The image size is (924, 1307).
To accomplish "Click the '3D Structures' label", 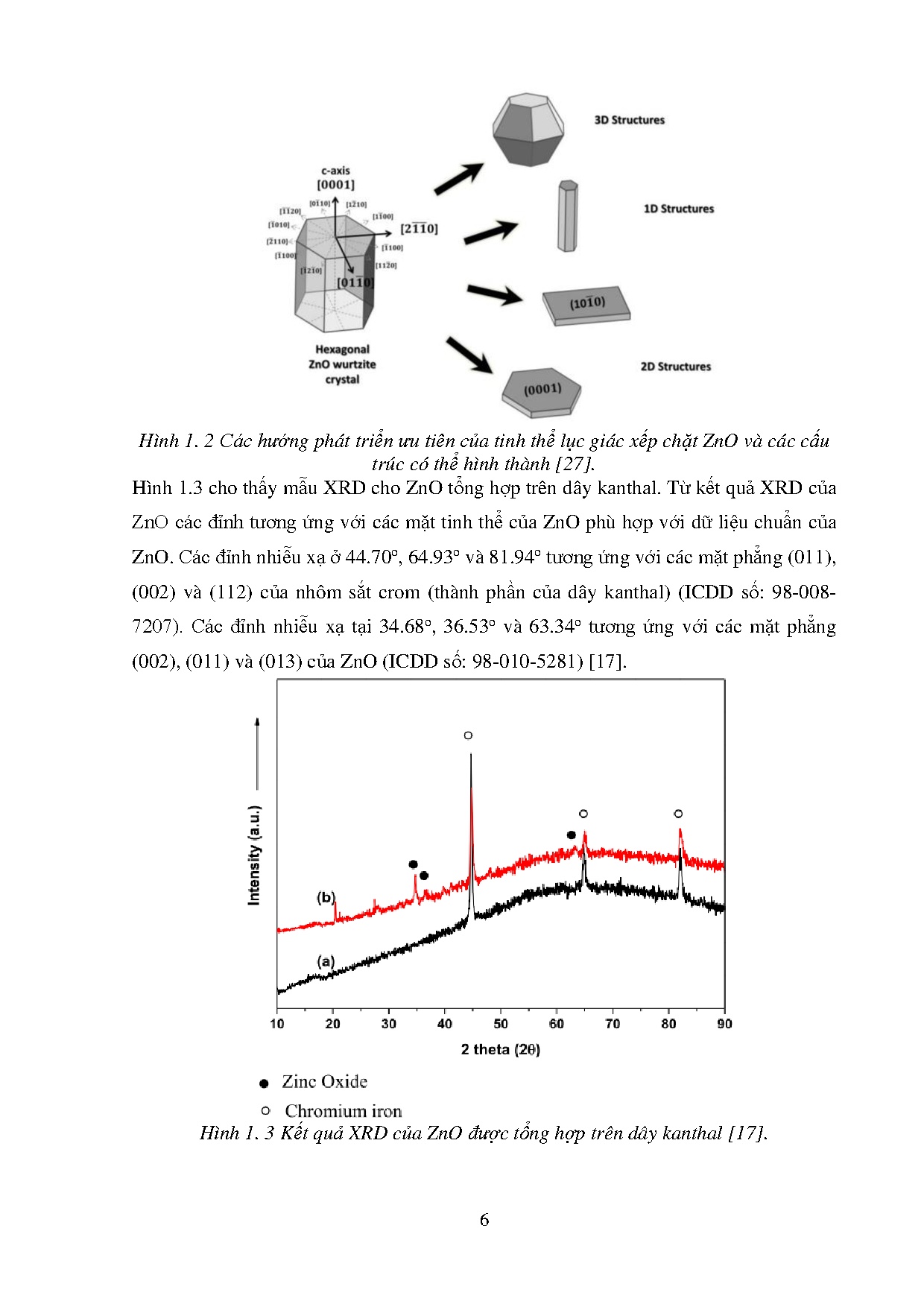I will (629, 120).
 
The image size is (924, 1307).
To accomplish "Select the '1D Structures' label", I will (678, 209).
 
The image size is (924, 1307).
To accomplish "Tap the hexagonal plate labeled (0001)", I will (542, 390).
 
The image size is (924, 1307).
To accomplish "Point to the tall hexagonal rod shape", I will (568, 216).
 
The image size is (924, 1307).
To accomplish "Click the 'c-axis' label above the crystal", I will (335, 171).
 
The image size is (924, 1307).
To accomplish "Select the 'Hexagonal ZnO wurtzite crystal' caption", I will (342, 364).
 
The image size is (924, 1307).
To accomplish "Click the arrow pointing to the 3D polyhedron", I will (458, 180).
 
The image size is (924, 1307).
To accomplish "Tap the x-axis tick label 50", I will (501, 1024).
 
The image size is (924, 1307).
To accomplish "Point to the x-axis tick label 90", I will (724, 1024).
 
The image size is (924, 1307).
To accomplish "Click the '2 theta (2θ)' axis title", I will (500, 1049).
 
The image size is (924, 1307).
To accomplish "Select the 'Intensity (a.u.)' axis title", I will (255, 855).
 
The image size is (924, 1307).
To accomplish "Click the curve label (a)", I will (326, 961).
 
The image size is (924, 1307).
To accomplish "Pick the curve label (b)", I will (326, 897).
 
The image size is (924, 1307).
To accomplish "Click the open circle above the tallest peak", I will (468, 735).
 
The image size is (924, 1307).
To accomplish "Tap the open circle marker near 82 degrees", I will (678, 814).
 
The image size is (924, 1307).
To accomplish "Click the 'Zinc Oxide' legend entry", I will (323, 1082).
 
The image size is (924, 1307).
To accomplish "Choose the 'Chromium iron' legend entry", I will (342, 1111).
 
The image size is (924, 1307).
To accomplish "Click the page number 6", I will (484, 1220).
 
